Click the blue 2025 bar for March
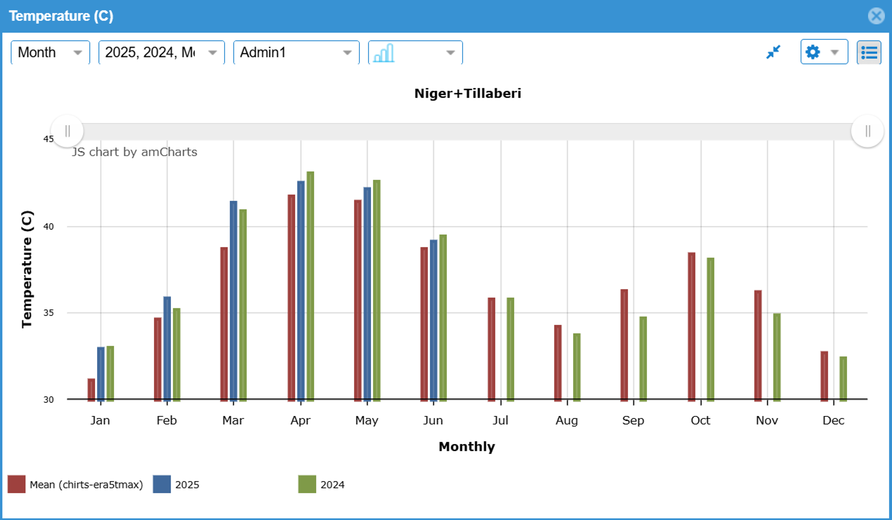pyautogui.click(x=234, y=300)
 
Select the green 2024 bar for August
pyautogui.click(x=577, y=367)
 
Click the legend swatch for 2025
pyautogui.click(x=161, y=484)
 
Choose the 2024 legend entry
pyautogui.click(x=332, y=484)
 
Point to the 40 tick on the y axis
pyautogui.click(x=48, y=227)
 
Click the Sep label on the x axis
pyautogui.click(x=633, y=420)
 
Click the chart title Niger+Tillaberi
pyautogui.click(x=468, y=93)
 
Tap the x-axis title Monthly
pyautogui.click(x=467, y=447)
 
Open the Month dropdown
pyautogui.click(x=50, y=52)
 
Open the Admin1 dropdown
pyautogui.click(x=296, y=52)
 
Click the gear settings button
pyautogui.click(x=823, y=52)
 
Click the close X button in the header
pyautogui.click(x=876, y=16)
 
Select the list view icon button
pyautogui.click(x=869, y=52)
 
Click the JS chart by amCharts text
pyautogui.click(x=134, y=152)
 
